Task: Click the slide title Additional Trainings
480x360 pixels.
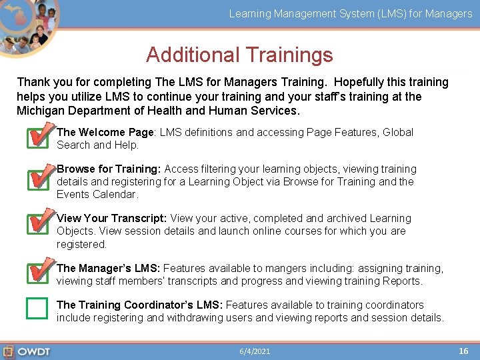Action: coord(239,55)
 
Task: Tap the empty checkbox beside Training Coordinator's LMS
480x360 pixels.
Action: coord(37,308)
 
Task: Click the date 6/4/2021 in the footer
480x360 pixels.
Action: coord(255,351)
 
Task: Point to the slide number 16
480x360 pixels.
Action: coord(463,351)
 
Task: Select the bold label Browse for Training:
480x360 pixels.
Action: coord(109,169)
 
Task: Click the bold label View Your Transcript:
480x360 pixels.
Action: coord(112,219)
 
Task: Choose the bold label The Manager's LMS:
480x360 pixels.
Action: coord(108,269)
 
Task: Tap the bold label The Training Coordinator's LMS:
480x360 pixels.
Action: coord(139,305)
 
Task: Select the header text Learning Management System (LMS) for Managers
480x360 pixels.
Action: coord(351,13)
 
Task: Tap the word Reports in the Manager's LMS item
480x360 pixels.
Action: coord(404,281)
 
